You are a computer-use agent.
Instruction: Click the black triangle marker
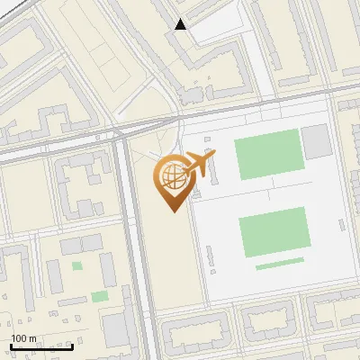[181, 24]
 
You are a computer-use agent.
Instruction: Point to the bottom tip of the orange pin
[172, 211]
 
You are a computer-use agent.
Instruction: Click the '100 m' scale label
[23, 338]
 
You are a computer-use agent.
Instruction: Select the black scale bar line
[41, 346]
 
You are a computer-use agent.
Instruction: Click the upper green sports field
[267, 154]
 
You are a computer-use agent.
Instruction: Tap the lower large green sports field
[274, 231]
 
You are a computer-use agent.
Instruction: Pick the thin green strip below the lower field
[279, 265]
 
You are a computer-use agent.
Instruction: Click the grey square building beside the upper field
[316, 141]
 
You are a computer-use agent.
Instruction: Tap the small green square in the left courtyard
[76, 265]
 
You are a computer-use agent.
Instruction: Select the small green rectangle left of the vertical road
[100, 296]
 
